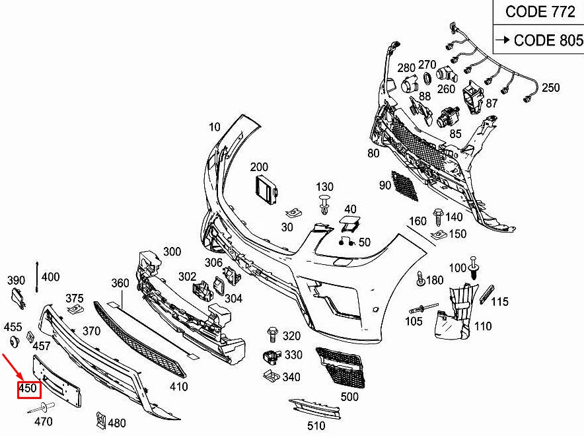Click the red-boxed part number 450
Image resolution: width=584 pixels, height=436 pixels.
27,388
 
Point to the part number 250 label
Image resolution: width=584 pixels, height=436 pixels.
550,88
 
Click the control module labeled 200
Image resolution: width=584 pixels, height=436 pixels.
266,190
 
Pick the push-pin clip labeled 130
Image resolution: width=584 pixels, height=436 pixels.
324,204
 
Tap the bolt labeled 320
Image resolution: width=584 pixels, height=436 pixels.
272,336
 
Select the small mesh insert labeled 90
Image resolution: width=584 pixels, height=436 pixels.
404,186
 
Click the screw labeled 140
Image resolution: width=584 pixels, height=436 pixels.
437,216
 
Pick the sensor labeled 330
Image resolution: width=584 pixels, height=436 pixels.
271,356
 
